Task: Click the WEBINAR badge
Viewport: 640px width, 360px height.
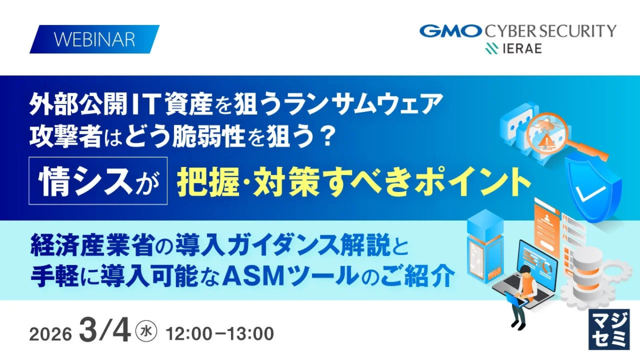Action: click(94, 39)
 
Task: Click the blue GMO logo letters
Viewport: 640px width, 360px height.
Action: click(451, 31)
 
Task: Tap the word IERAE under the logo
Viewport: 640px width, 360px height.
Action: click(522, 49)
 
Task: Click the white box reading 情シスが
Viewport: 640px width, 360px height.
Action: click(98, 181)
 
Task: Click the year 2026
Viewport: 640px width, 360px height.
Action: click(51, 334)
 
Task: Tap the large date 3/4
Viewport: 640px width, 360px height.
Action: click(105, 330)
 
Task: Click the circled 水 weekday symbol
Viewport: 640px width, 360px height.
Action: click(146, 331)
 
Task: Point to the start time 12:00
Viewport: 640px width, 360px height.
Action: click(189, 333)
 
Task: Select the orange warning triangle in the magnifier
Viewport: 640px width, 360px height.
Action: click(547, 141)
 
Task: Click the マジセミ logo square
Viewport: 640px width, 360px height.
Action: click(609, 329)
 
